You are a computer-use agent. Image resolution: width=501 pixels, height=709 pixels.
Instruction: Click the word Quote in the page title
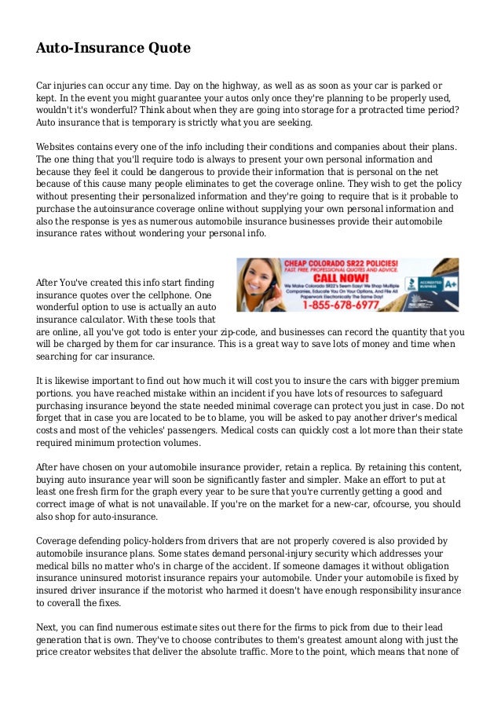coord(165,49)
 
